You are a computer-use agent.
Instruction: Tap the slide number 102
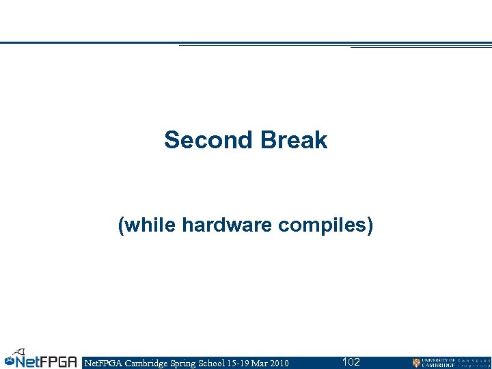point(351,361)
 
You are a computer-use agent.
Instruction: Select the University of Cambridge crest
point(416,362)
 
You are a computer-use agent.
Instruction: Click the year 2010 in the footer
point(279,362)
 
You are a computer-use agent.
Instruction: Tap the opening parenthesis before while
point(122,225)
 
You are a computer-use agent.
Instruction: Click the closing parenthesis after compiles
point(370,225)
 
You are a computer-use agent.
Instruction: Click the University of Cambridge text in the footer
point(437,362)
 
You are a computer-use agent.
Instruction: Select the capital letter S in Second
point(171,141)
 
